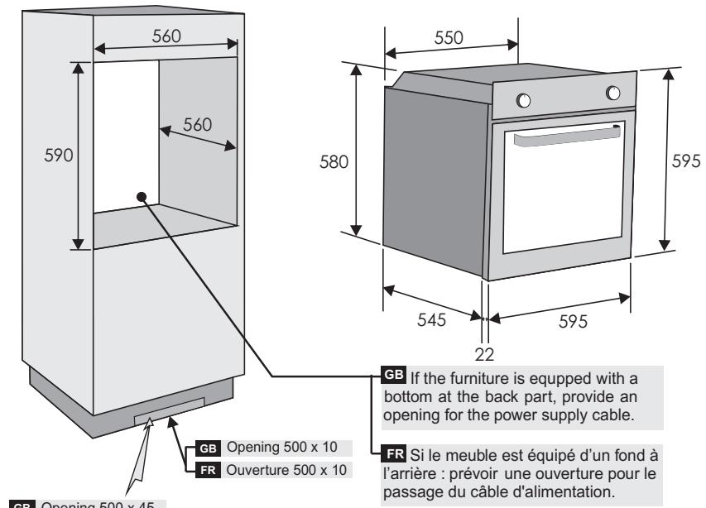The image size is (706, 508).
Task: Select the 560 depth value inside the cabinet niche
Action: (197, 125)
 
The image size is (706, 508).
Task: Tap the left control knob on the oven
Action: (523, 101)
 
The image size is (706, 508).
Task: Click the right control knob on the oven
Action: (613, 93)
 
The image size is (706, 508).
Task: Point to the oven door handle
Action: (568, 140)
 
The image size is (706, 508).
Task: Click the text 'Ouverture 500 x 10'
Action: (281, 470)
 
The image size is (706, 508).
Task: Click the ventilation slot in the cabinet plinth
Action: (169, 410)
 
